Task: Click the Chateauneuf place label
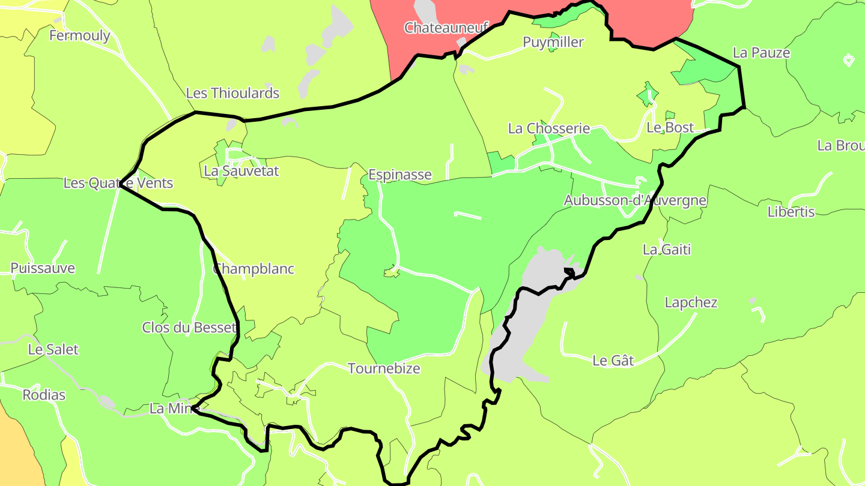click(x=446, y=28)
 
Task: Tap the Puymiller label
click(x=553, y=42)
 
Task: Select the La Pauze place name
click(x=761, y=53)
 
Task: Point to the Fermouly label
click(x=79, y=35)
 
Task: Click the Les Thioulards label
click(x=232, y=93)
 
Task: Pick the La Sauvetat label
click(x=241, y=171)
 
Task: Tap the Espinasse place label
click(x=399, y=175)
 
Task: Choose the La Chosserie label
click(x=548, y=128)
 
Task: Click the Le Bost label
click(x=670, y=127)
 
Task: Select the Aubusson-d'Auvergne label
click(x=634, y=200)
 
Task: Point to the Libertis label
click(x=791, y=212)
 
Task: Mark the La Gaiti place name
click(x=667, y=249)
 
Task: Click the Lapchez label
click(x=691, y=302)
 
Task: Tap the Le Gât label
click(x=613, y=361)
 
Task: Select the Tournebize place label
click(x=384, y=368)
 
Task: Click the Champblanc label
click(x=253, y=269)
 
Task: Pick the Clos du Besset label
click(x=189, y=328)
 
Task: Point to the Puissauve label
click(x=43, y=268)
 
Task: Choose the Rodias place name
click(x=44, y=395)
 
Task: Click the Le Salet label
click(x=53, y=349)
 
